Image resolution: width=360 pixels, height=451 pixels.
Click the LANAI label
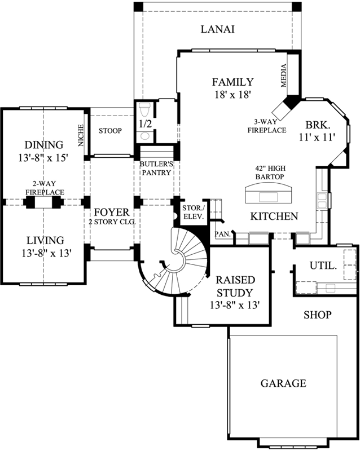pyautogui.click(x=217, y=29)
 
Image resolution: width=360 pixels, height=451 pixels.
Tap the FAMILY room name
pyautogui.click(x=232, y=82)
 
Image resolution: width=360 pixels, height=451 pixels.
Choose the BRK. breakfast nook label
pyautogui.click(x=317, y=125)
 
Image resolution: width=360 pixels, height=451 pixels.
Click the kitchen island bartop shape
pyautogui.click(x=270, y=195)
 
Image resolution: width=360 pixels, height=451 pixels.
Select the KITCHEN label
pyautogui.click(x=274, y=216)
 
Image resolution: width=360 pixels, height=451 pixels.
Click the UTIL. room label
pyautogui.click(x=323, y=265)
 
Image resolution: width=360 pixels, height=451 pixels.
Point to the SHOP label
pyautogui.click(x=317, y=315)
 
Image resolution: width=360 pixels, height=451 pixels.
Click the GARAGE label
pyautogui.click(x=283, y=383)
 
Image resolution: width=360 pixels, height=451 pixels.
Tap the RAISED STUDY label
pyautogui.click(x=234, y=286)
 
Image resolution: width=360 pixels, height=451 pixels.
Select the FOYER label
pyautogui.click(x=111, y=213)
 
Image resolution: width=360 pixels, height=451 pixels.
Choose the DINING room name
pyautogui.click(x=43, y=145)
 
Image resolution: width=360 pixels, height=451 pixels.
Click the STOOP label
pyautogui.click(x=110, y=131)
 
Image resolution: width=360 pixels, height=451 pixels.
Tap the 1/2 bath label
pyautogui.click(x=145, y=122)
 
